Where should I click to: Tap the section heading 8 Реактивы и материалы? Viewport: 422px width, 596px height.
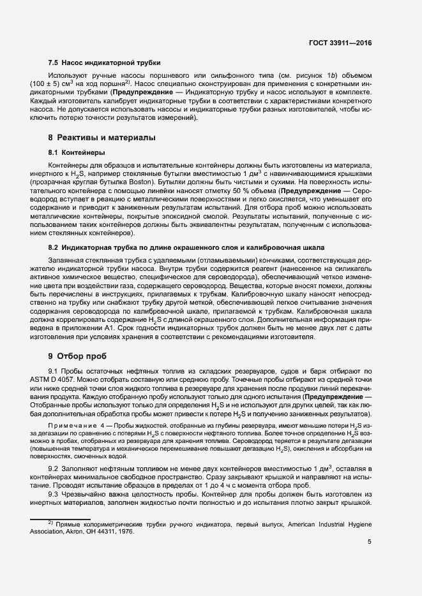click(x=102, y=138)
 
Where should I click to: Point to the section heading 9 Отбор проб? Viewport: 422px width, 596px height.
click(x=77, y=355)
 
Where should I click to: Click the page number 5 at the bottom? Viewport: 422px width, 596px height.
click(x=370, y=542)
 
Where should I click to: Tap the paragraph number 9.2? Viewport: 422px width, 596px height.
click(x=54, y=469)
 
